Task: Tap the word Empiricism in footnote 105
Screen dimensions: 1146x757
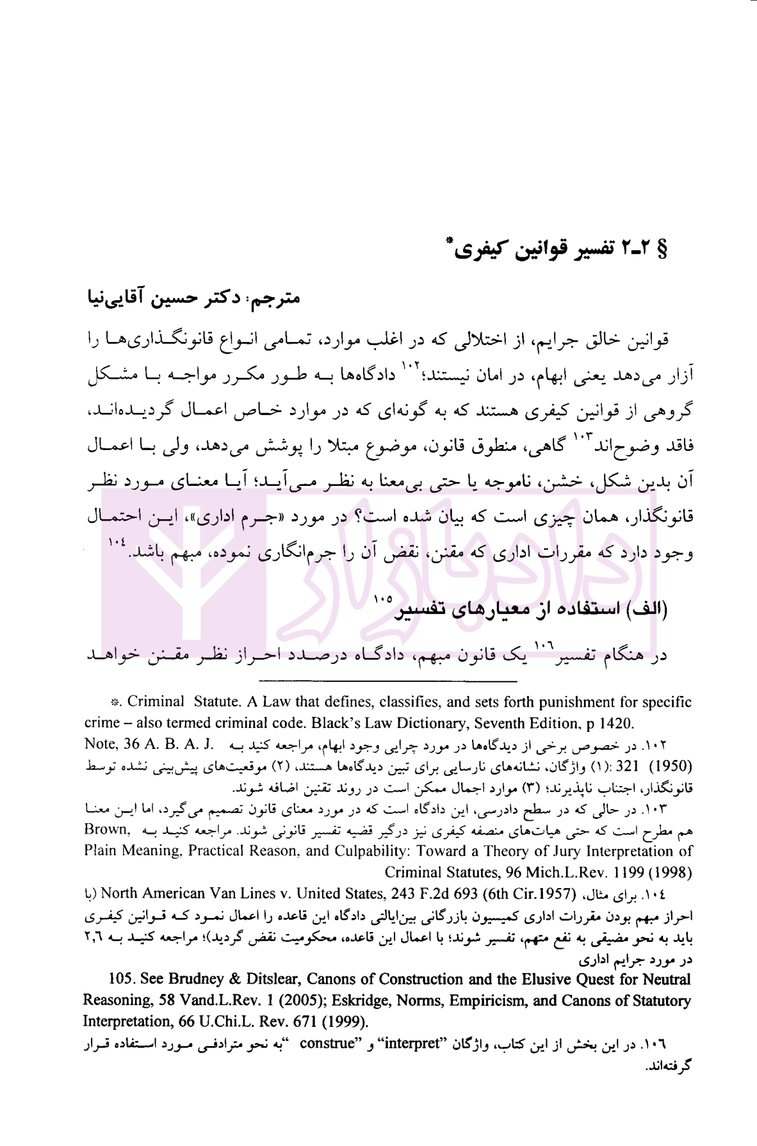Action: (479, 1001)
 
